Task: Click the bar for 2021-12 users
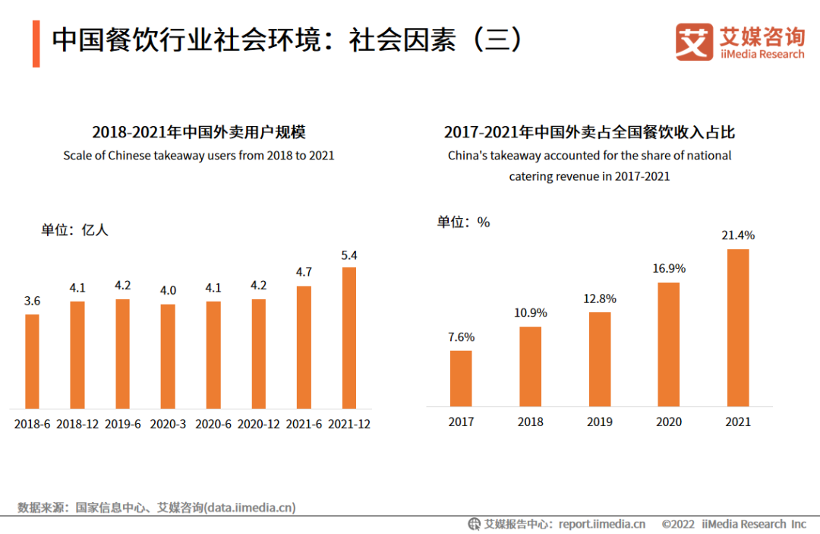349,337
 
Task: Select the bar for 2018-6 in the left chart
32,361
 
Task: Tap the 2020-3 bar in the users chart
168,356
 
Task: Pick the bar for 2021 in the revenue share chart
738,327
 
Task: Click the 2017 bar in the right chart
461,378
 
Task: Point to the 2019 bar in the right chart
600,359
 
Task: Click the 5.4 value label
349,255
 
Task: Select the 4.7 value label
304,272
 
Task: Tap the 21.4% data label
738,235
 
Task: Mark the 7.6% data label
461,337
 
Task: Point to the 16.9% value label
669,268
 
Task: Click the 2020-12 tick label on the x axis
259,425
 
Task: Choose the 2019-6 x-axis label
123,425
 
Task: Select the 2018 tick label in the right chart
530,422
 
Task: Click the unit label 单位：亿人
75,230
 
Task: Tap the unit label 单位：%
463,222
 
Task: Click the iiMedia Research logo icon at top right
694,42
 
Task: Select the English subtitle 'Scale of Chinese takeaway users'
198,156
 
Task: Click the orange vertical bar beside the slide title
36,44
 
